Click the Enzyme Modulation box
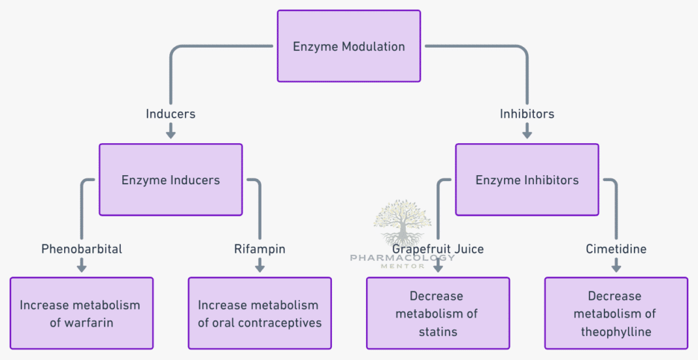click(348, 46)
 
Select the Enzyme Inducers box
click(171, 180)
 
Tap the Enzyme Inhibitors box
click(527, 180)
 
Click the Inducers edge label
click(171, 114)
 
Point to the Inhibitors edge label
click(527, 114)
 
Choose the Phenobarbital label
click(82, 249)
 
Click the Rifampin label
click(259, 249)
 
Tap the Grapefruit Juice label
click(437, 249)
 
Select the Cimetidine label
click(616, 249)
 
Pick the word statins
click(438, 332)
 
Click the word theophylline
click(616, 332)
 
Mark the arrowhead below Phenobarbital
click(82, 267)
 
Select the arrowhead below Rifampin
click(259, 267)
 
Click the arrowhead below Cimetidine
click(616, 267)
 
